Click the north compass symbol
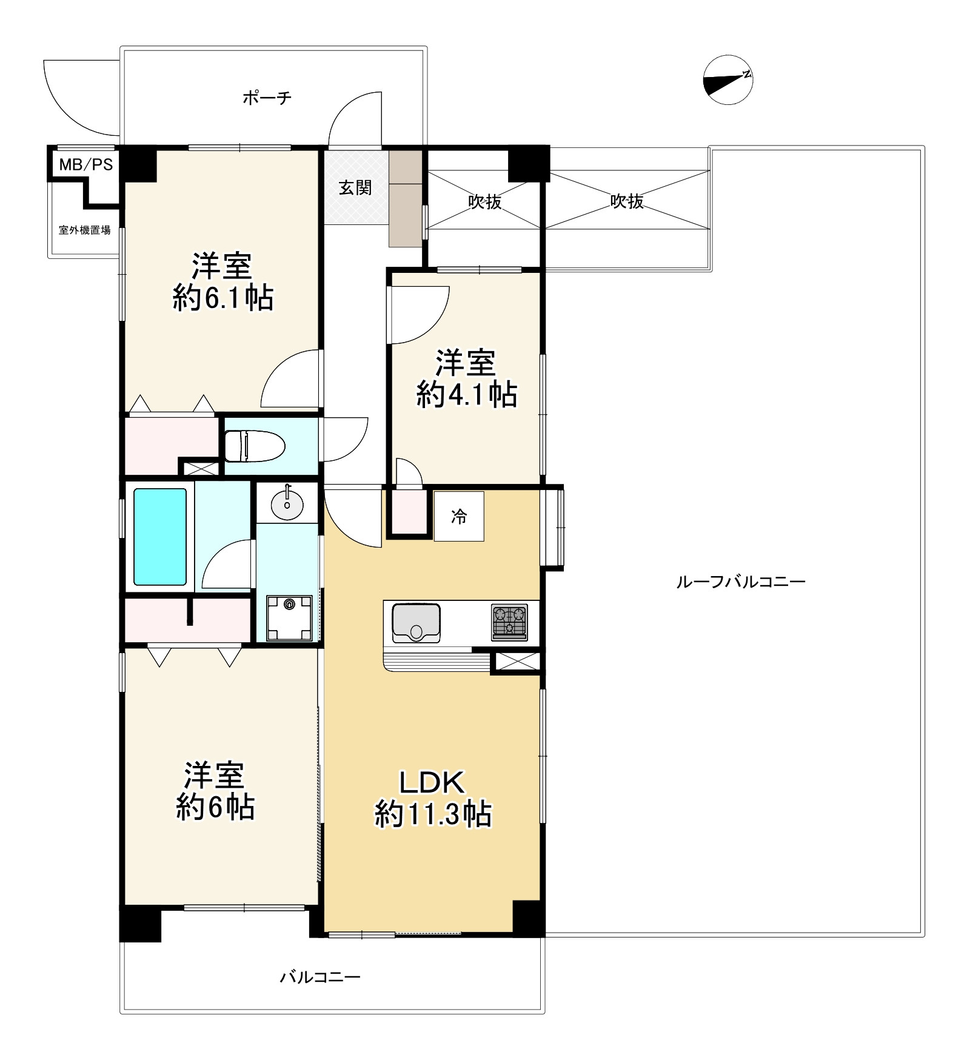point(728,80)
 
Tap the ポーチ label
point(267,98)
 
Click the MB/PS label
point(85,165)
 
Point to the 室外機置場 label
point(84,230)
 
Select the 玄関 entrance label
point(355,187)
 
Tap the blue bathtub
point(160,537)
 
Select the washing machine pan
point(289,618)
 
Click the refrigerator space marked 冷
point(459,516)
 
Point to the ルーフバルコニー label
point(740,582)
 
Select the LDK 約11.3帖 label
point(432,798)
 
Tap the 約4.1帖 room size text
point(466,395)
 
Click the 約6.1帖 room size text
point(223,298)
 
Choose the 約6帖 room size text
point(215,808)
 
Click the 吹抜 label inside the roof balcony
point(627,201)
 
